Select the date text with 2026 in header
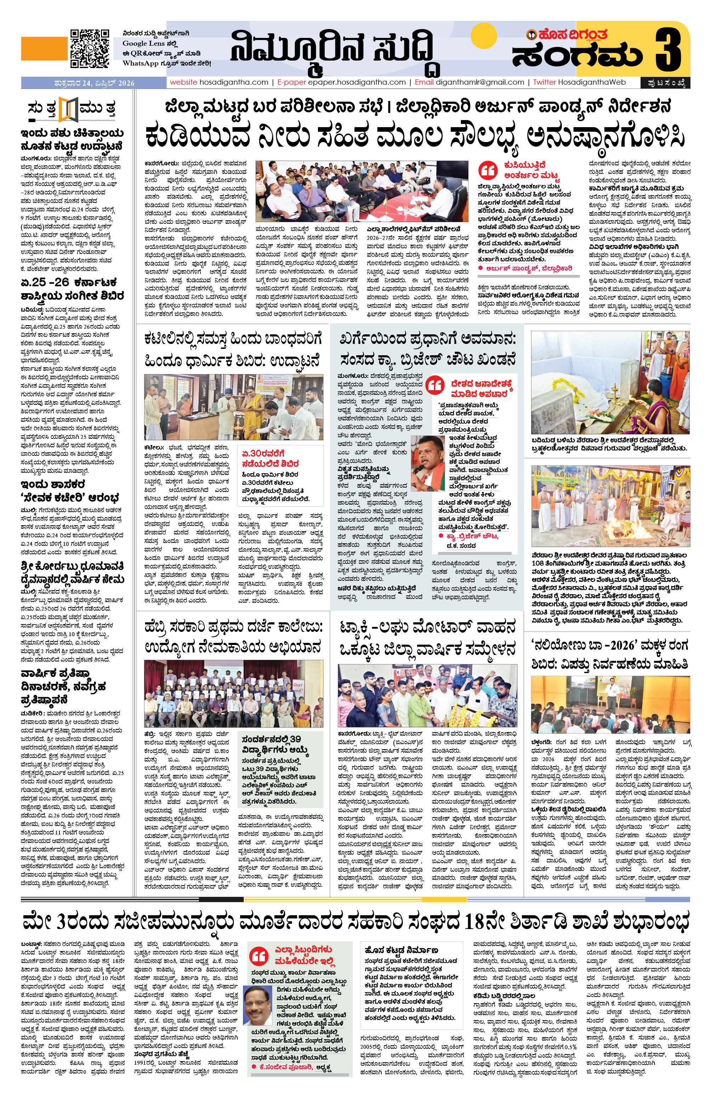pos(94,83)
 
